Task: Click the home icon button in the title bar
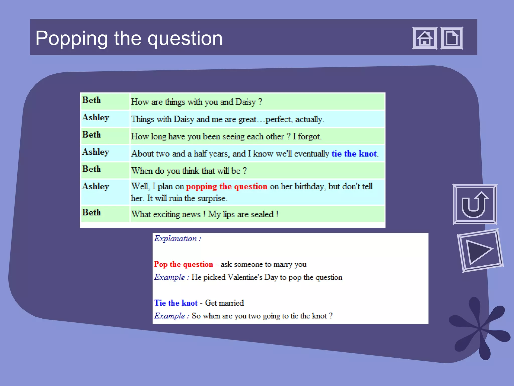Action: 425,38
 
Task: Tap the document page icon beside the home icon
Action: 452,38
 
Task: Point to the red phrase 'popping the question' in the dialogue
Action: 227,186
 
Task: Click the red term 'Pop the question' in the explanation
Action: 183,264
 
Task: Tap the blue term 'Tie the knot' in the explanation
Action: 176,303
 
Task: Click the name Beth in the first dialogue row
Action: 92,100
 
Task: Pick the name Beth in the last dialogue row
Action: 92,212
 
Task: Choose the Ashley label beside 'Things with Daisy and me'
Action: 96,117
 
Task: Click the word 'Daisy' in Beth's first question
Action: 245,102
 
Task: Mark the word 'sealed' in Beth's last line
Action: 262,214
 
